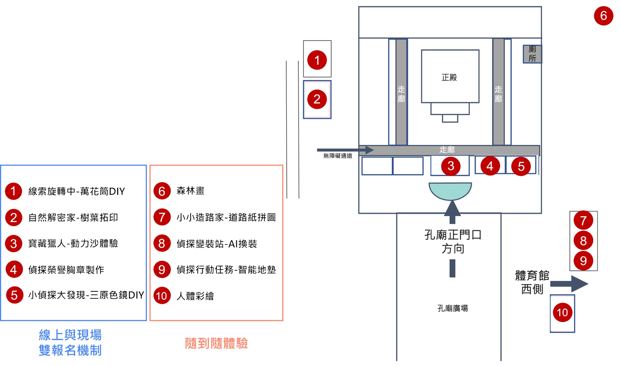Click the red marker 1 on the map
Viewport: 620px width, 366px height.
pos(317,60)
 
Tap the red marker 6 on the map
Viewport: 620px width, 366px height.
pos(603,16)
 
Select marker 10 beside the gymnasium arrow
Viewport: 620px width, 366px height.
pos(562,312)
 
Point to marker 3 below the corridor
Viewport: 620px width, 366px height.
pos(451,166)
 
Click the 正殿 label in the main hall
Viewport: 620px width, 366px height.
pos(449,77)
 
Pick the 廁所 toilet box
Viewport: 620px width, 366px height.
pos(532,54)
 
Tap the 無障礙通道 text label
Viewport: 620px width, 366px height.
pos(338,156)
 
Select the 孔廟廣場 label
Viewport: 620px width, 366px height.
pos(453,308)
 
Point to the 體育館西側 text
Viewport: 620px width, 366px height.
pos(532,282)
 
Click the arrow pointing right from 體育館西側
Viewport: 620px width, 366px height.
pos(569,284)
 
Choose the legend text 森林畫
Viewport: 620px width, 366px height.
pos(190,191)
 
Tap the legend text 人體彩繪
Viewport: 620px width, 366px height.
pos(195,296)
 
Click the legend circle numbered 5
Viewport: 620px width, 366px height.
pos(14,295)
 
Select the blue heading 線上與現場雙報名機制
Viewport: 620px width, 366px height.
pos(70,342)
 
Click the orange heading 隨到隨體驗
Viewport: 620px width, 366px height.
pos(216,343)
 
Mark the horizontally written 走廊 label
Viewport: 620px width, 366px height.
pos(447,150)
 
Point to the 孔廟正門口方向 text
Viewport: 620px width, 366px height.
pos(453,242)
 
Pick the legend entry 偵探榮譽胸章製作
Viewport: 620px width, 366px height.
pos(66,270)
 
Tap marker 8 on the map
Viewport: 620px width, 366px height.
pos(583,241)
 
